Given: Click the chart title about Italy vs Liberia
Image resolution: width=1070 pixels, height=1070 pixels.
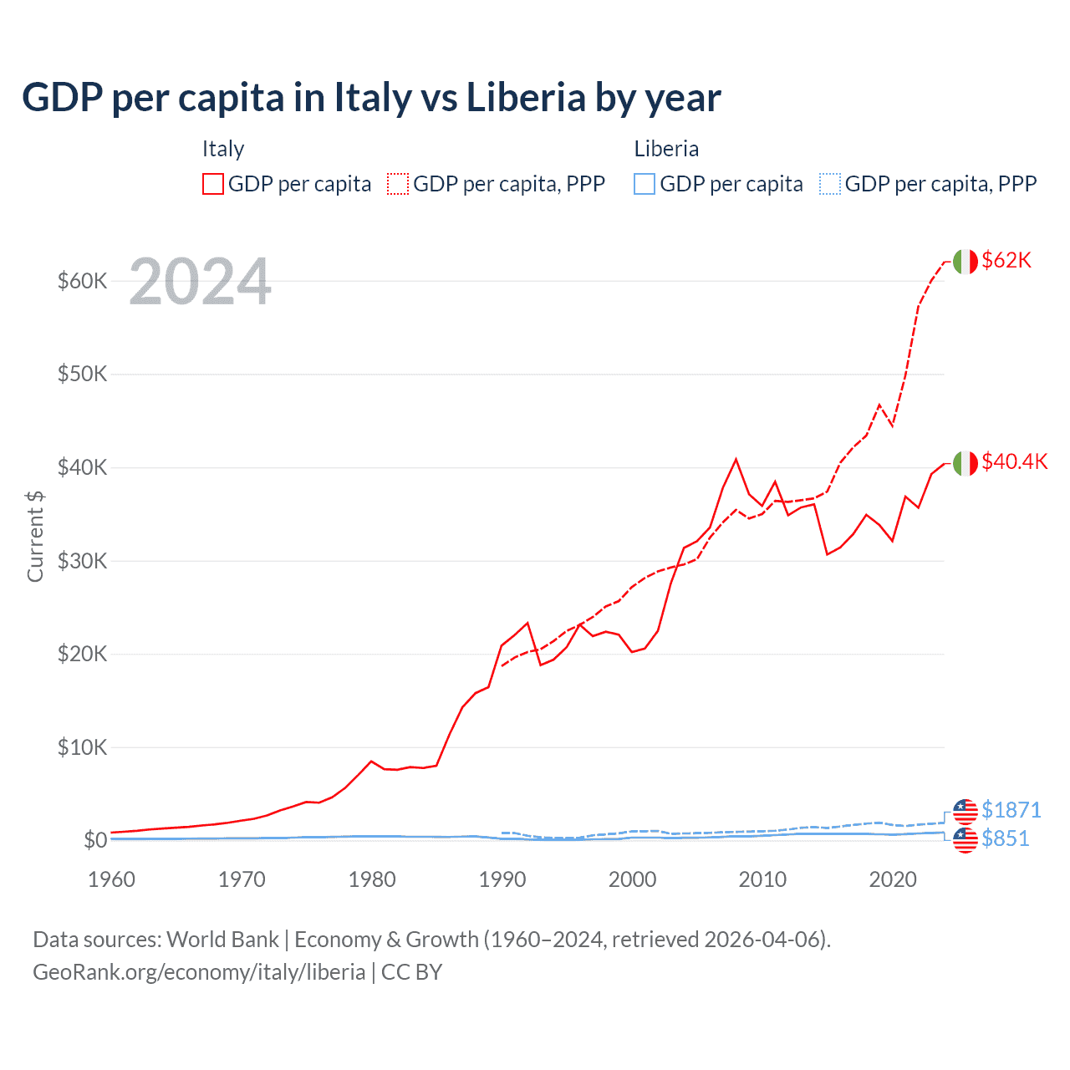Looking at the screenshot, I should [371, 98].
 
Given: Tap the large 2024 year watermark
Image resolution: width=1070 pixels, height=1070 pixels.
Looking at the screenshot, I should [200, 283].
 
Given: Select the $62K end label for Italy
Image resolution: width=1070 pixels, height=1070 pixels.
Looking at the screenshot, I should [1006, 261].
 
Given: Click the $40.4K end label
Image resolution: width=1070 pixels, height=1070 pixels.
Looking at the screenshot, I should [1014, 462].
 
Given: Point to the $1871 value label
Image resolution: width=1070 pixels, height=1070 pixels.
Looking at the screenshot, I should [1011, 810].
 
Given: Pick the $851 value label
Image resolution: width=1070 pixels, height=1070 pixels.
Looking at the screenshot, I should [1005, 838].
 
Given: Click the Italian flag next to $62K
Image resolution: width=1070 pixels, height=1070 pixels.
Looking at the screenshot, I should [965, 262].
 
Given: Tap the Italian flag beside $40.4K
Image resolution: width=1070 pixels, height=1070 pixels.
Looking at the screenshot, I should [965, 463].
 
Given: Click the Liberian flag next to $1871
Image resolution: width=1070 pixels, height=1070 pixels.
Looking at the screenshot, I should [965, 811].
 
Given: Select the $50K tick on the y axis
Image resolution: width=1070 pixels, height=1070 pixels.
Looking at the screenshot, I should [82, 374].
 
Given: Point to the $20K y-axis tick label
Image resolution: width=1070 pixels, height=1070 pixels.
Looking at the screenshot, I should [82, 654].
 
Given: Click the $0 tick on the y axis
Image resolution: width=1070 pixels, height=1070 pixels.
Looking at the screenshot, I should [95, 840].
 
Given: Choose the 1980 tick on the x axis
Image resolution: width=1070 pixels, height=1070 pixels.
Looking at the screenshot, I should [372, 879].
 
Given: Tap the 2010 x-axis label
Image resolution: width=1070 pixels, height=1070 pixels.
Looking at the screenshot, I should [762, 879].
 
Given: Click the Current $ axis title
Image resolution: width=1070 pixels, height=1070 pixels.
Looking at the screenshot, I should [35, 536].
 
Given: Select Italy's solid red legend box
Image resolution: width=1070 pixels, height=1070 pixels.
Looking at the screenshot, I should [213, 184].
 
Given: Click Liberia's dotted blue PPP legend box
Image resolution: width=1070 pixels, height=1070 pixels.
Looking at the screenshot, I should [830, 184].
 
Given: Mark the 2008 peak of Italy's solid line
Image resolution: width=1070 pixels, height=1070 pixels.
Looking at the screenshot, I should [736, 459].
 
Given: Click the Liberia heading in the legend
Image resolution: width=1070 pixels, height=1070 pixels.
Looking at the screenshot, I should [666, 149].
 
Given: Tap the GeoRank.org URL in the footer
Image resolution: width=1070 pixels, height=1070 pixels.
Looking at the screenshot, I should [199, 972].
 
